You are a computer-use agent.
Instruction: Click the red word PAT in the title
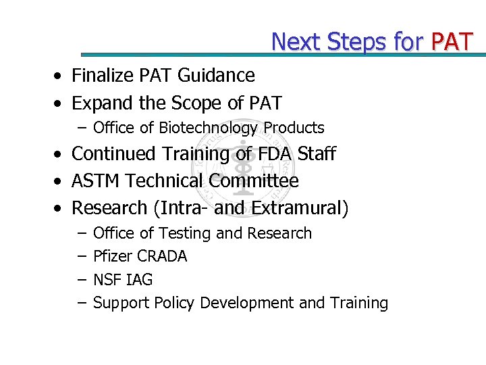pyautogui.click(x=452, y=42)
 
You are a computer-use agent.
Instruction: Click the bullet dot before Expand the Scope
pyautogui.click(x=60, y=104)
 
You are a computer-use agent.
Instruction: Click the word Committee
pyautogui.click(x=254, y=181)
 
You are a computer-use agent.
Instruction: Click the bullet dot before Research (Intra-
pyautogui.click(x=60, y=209)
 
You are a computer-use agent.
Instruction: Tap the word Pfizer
pyautogui.click(x=113, y=256)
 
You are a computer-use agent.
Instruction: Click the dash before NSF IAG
pyautogui.click(x=81, y=280)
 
